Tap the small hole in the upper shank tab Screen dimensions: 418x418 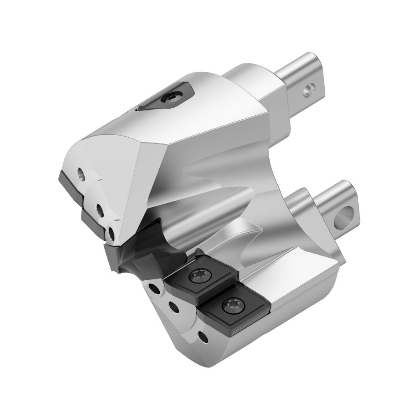click(x=308, y=91)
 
